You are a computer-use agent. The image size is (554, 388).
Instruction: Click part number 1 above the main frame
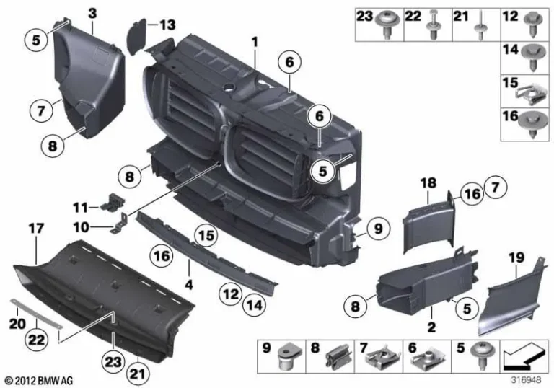click(x=254, y=43)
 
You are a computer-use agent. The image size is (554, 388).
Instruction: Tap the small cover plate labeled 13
click(x=138, y=33)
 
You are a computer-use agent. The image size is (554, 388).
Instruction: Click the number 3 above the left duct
click(x=92, y=12)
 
